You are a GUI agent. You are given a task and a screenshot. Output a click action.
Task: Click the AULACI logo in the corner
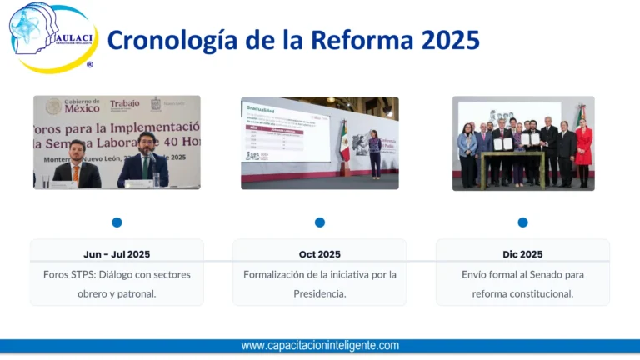(x=52, y=37)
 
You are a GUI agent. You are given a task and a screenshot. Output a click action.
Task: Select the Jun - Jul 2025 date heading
(x=117, y=254)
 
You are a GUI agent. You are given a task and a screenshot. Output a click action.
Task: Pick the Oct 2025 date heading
(x=320, y=254)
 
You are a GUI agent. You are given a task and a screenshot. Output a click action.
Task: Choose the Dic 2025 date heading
(x=522, y=254)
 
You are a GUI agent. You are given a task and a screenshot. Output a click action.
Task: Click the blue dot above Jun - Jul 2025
(x=117, y=222)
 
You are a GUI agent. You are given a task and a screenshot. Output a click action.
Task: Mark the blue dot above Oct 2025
(x=320, y=222)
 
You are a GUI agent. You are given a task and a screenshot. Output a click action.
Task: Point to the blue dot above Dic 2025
(x=522, y=222)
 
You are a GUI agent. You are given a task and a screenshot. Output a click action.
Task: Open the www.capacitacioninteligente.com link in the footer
(x=320, y=346)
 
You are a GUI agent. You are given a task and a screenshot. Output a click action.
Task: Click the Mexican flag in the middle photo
(x=345, y=142)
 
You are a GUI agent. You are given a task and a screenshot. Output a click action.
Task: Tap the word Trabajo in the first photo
(x=125, y=105)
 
